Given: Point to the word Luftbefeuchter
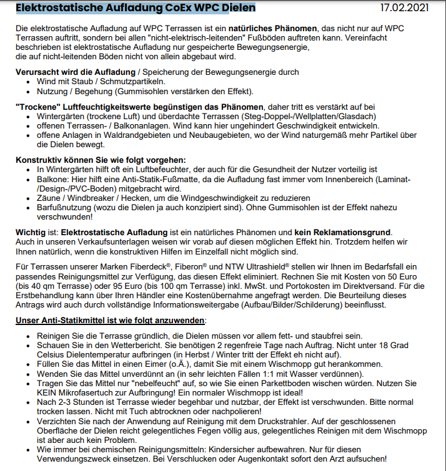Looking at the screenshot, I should pos(185,168).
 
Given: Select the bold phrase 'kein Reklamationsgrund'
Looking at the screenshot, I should pos(340,232).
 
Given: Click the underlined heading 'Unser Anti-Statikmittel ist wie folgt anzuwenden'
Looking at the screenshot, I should pos(109,320).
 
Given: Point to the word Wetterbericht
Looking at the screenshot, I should pos(110,345).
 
